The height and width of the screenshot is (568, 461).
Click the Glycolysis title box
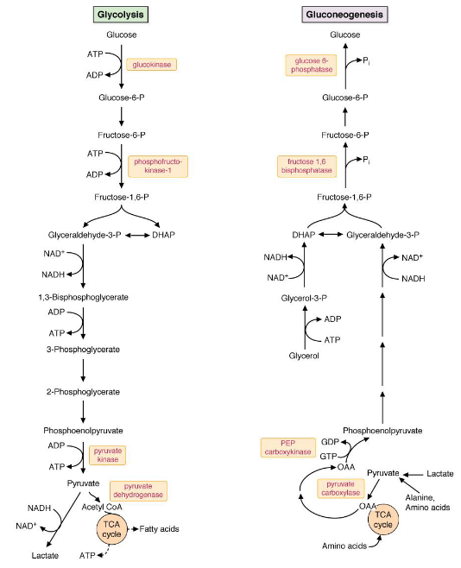[121, 15]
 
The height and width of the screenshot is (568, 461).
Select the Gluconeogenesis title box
[344, 15]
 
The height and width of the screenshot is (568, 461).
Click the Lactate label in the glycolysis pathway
[45, 555]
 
